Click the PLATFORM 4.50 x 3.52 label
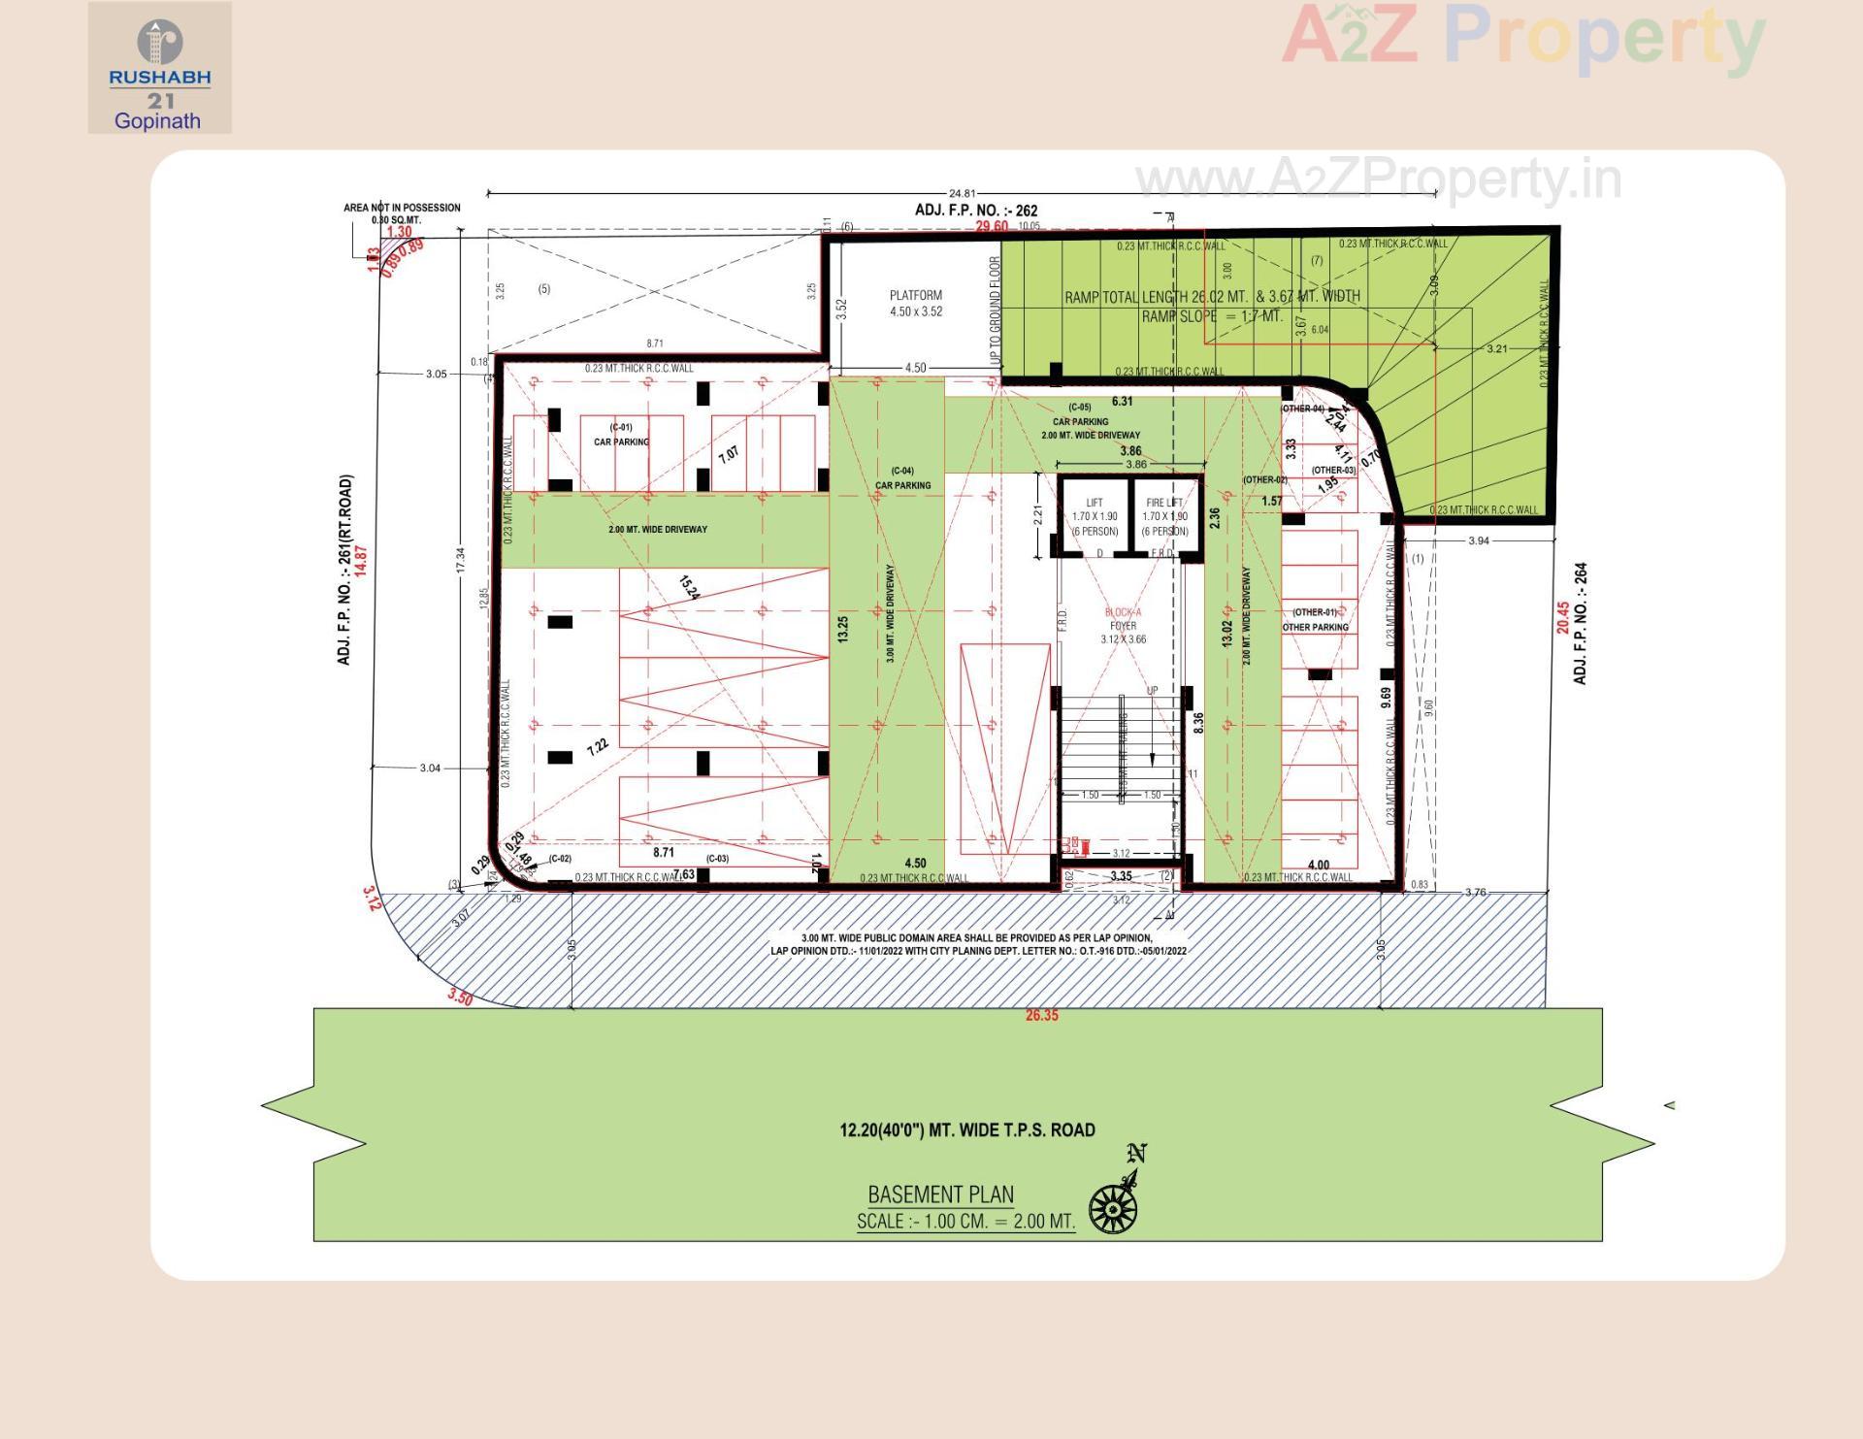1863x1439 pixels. pyautogui.click(x=915, y=303)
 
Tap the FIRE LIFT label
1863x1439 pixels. pyautogui.click(x=1164, y=503)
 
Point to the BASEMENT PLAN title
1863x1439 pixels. pyautogui.click(x=940, y=1194)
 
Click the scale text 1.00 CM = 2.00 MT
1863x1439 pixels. pyautogui.click(x=965, y=1222)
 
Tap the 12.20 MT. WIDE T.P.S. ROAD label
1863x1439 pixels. pyautogui.click(x=966, y=1129)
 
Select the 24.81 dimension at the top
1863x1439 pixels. pyautogui.click(x=962, y=193)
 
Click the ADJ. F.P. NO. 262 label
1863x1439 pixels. pyautogui.click(x=975, y=210)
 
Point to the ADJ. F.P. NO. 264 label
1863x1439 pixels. pyautogui.click(x=1580, y=623)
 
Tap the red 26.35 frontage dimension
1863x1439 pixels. pyautogui.click(x=1041, y=1015)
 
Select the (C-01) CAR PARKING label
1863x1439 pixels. pyautogui.click(x=621, y=435)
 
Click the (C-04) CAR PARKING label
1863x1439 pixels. pyautogui.click(x=902, y=477)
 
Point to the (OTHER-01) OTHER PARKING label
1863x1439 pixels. pyautogui.click(x=1315, y=619)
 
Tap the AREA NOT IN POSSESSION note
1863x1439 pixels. pyautogui.click(x=401, y=213)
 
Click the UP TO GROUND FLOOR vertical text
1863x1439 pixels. pyautogui.click(x=994, y=312)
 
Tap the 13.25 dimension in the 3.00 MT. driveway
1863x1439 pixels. pyautogui.click(x=842, y=628)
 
